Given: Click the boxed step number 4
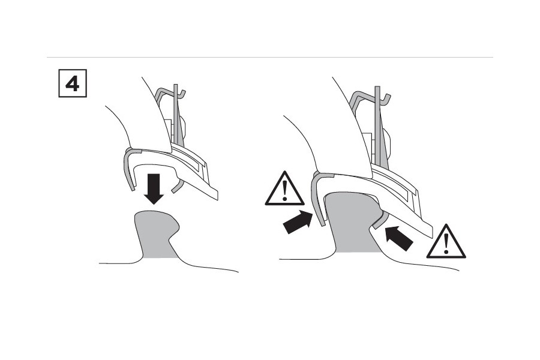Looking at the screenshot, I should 72,83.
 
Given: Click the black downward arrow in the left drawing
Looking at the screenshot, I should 154,188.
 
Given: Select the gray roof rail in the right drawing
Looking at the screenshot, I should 348,222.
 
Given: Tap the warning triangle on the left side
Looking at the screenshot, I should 285,189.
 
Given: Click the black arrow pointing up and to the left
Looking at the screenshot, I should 398,237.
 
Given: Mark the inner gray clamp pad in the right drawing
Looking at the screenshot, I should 379,223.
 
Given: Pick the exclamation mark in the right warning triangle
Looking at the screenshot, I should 446,244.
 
